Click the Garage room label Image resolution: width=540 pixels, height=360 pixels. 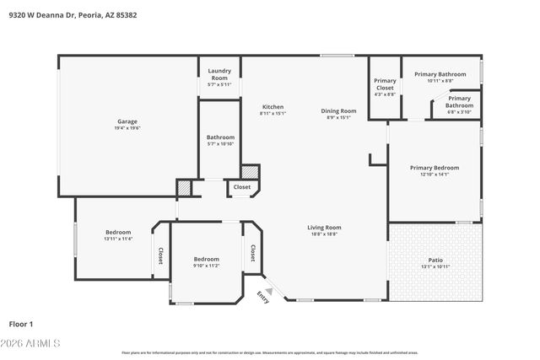pos(127,121)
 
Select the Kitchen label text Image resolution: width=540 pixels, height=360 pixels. pos(273,107)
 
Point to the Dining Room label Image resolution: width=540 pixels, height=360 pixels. pos(338,111)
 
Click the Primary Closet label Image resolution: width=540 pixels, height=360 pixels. pos(385,84)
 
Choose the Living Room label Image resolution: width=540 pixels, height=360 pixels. pos(323,228)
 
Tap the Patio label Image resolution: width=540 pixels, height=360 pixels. pos(435,261)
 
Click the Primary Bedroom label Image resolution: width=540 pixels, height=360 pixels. pos(435,168)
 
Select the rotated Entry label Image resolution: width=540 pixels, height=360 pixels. pos(262,298)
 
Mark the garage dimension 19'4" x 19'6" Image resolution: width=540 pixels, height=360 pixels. pos(127,128)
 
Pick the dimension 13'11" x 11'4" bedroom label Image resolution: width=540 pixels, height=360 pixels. pos(118,239)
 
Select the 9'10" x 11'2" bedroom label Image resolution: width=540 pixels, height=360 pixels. pos(207,266)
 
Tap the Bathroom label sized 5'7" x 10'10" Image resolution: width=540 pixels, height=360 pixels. pos(220,144)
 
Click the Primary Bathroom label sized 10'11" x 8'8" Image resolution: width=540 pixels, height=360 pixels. pos(440,80)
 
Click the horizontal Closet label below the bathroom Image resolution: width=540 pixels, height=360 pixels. pos(242,187)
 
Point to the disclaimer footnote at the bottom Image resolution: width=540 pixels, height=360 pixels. pos(270,352)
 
